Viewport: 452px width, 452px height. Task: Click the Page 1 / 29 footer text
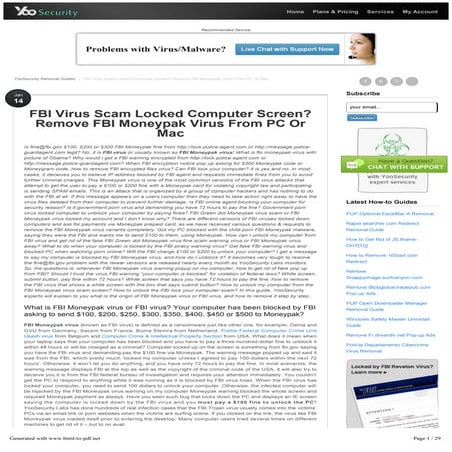(423, 441)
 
